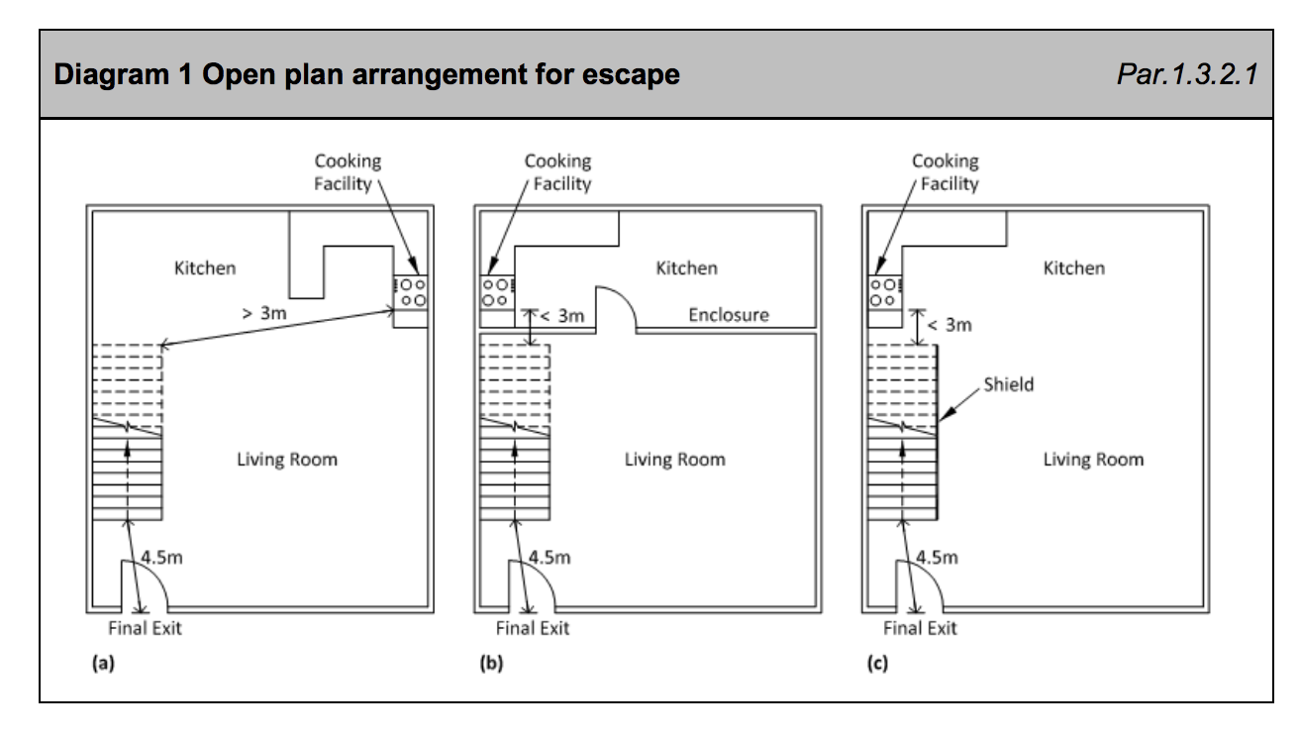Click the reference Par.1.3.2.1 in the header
[1187, 74]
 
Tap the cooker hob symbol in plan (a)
[411, 292]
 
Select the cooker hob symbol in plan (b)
[497, 292]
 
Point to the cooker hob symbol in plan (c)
[885, 292]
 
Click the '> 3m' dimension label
[263, 313]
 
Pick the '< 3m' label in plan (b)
[562, 316]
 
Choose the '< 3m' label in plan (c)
[949, 325]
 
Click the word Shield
[1009, 384]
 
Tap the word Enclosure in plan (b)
[729, 315]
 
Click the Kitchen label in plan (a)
[205, 268]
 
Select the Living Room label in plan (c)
[1094, 460]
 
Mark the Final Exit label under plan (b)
[533, 628]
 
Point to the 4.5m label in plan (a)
[161, 558]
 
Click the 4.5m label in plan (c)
[937, 558]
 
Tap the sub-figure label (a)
[103, 663]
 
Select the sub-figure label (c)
[877, 663]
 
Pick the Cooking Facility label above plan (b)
[557, 172]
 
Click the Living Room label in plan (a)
[287, 460]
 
